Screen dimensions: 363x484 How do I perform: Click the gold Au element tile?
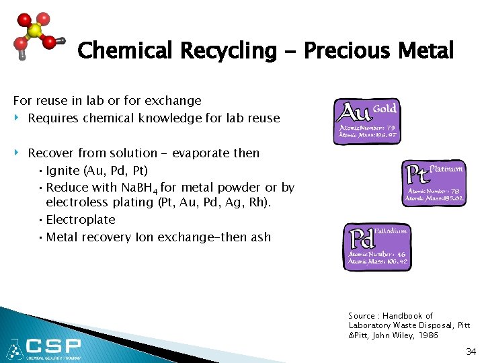pos(366,122)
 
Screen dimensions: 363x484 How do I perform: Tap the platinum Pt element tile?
pos(434,183)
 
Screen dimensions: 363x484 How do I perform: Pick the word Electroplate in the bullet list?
pos(81,220)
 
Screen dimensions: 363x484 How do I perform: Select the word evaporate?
pos(200,153)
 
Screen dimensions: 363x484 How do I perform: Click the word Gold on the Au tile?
pos(385,109)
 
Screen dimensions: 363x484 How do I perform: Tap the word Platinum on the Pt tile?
pos(446,169)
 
